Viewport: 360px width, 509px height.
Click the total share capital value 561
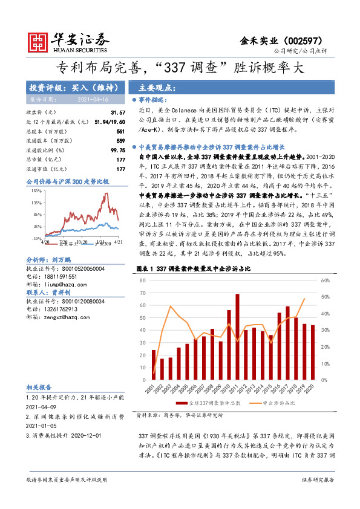[120, 131]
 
